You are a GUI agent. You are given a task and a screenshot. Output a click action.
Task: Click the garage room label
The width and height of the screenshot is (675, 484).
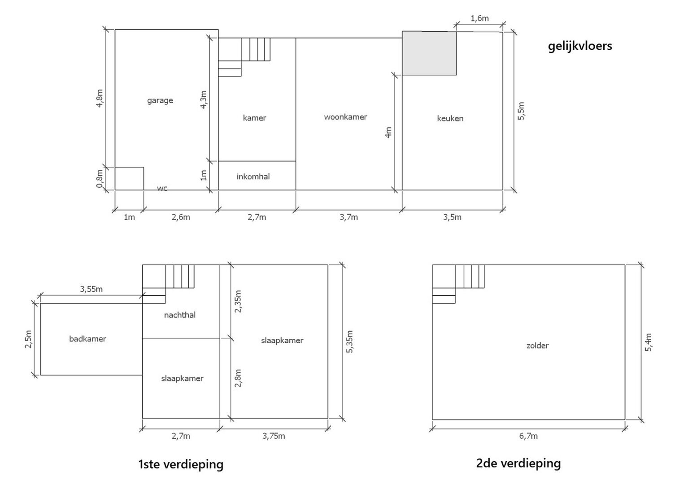(160, 100)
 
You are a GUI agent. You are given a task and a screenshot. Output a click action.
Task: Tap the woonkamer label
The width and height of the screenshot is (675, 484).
(345, 117)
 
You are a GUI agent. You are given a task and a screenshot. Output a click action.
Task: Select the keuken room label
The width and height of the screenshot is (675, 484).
(450, 118)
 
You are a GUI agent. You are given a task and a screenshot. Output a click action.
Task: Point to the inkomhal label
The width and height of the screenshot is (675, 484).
(253, 177)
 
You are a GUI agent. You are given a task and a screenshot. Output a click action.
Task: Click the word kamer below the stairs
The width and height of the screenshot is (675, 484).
(254, 118)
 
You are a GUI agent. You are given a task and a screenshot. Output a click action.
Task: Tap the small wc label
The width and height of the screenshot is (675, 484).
(162, 189)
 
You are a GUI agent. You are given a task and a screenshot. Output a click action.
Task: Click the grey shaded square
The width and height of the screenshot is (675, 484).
(429, 53)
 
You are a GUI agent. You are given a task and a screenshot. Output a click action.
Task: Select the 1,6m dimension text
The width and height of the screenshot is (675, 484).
(479, 18)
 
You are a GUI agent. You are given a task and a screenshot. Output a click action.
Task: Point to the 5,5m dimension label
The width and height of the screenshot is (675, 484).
(521, 111)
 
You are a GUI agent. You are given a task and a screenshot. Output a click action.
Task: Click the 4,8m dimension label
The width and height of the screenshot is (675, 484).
(100, 98)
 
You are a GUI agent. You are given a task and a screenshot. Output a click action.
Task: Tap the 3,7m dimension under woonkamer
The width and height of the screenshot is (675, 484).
(348, 217)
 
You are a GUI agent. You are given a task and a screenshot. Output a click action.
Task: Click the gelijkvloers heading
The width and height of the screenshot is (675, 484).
(580, 46)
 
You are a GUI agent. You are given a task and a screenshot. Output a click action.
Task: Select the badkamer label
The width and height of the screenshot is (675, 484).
(88, 339)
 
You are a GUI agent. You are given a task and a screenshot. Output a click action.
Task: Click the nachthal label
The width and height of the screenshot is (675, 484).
(179, 315)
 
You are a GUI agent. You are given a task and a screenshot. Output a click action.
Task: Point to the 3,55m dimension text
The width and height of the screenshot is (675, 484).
(91, 289)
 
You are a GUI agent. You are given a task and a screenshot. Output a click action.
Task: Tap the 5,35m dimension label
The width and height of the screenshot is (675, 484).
(349, 341)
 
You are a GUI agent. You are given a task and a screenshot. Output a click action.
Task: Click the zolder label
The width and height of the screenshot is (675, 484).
(537, 346)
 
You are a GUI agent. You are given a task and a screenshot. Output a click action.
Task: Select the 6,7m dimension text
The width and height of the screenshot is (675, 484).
(528, 436)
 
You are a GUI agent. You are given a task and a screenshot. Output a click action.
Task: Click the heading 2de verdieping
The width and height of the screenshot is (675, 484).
(518, 463)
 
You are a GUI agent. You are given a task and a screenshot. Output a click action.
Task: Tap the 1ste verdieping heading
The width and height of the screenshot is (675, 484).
(181, 464)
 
